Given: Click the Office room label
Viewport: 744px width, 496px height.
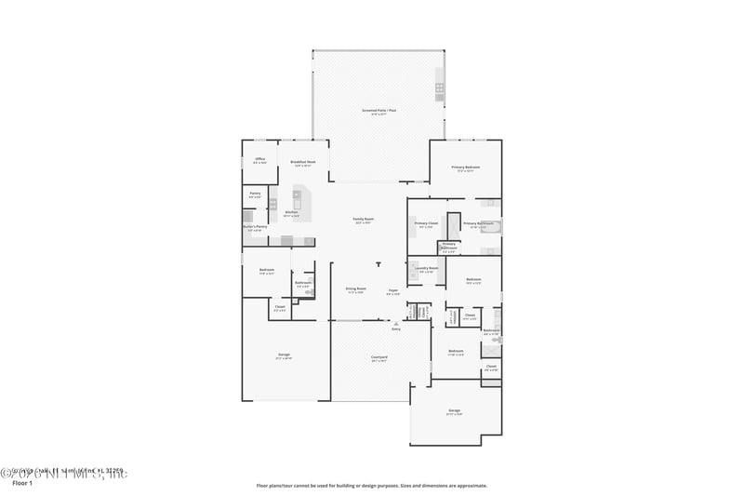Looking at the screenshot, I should [259, 160].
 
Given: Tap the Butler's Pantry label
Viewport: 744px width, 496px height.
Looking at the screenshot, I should [255, 226].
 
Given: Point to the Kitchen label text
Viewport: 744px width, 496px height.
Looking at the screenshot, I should [291, 213].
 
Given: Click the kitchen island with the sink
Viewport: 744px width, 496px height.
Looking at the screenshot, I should [300, 198].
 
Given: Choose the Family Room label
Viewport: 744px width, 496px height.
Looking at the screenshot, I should [363, 221].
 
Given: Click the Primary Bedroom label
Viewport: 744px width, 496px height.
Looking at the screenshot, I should [465, 168].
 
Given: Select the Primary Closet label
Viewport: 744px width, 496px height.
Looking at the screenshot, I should [426, 224].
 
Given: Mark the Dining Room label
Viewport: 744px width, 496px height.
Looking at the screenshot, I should [355, 290].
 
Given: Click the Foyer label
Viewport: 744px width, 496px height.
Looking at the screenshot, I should [393, 290].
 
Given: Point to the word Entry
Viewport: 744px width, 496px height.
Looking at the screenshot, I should [396, 329].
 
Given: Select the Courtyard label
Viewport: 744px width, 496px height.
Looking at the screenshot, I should [379, 357].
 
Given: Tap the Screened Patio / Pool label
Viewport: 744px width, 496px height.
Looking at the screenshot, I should [379, 111].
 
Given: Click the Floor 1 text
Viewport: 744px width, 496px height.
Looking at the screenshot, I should [21, 484].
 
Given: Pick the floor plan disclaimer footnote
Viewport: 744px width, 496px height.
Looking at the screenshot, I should [371, 485].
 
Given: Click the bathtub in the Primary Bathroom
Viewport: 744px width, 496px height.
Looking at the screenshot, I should [489, 225].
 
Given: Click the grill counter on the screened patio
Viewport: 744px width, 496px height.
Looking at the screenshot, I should [440, 89].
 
